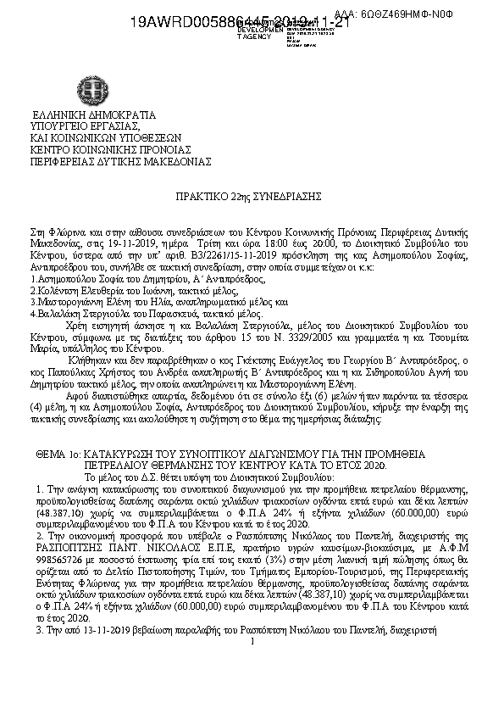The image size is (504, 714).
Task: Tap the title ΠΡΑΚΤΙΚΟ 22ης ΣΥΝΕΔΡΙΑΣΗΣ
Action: point(252,195)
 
